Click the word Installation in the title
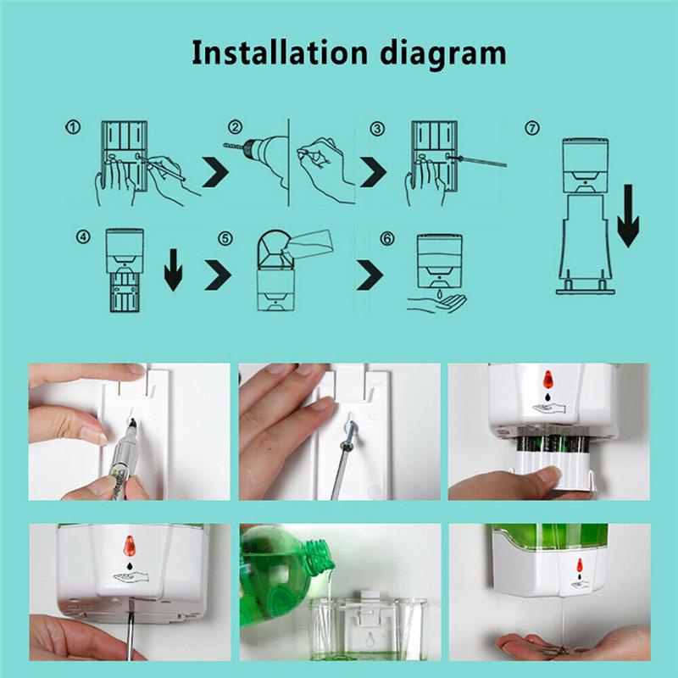[280, 53]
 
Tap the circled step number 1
[73, 127]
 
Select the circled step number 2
[235, 127]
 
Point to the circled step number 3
[377, 129]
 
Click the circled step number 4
[83, 236]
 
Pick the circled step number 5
[225, 238]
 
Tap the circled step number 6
[387, 238]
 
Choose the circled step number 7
[532, 128]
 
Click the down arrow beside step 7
[628, 216]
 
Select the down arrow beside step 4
[174, 270]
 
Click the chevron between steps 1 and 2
[215, 172]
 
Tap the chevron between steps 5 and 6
[370, 275]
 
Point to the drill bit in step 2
[235, 147]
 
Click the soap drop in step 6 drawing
[439, 294]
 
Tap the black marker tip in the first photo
[132, 423]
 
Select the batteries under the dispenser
[553, 444]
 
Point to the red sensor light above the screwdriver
[130, 546]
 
